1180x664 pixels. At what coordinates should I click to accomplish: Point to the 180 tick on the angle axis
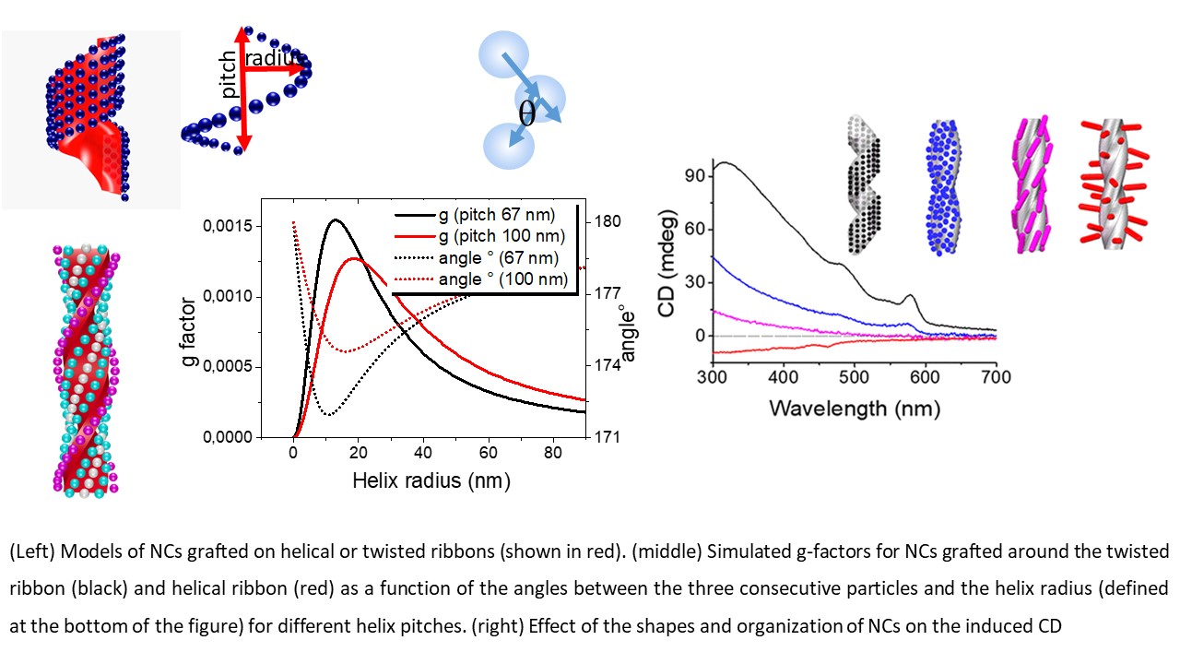[x=608, y=222]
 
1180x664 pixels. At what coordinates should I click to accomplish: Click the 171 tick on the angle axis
[x=608, y=437]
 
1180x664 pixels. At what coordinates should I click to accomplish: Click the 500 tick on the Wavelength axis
[x=855, y=376]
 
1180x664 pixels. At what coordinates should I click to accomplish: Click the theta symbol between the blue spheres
[x=527, y=114]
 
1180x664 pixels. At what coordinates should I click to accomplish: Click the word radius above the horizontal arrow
[x=276, y=58]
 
